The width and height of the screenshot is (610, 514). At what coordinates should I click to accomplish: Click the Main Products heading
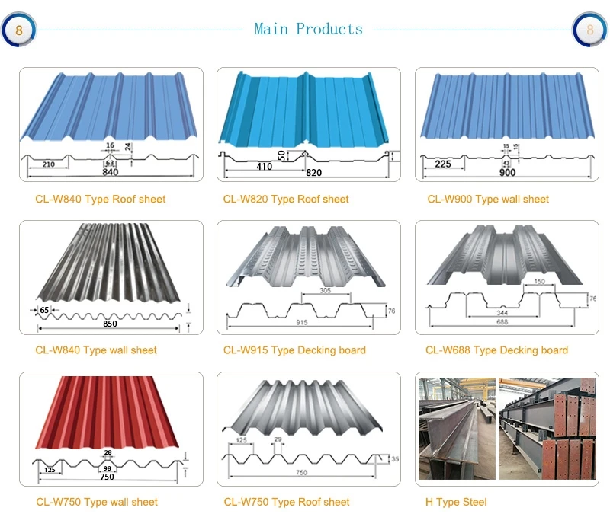pyautogui.click(x=308, y=29)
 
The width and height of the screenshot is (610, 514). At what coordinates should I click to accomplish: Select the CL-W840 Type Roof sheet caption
pyautogui.click(x=100, y=200)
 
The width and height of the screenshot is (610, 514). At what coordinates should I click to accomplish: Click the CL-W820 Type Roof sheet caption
pyautogui.click(x=286, y=200)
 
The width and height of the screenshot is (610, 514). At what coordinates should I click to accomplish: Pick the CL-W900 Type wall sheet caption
pyautogui.click(x=487, y=200)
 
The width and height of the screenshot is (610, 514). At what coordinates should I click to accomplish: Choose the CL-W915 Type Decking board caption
pyautogui.click(x=294, y=350)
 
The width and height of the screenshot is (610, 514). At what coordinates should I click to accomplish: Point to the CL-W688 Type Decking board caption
pyautogui.click(x=496, y=350)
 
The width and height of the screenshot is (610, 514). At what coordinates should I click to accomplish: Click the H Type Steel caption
pyautogui.click(x=456, y=502)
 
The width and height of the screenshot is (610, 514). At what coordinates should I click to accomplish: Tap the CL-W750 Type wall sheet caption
pyautogui.click(x=97, y=502)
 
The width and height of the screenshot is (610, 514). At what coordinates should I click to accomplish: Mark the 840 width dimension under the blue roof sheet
pyautogui.click(x=111, y=173)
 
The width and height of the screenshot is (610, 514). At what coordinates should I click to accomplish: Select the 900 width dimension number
pyautogui.click(x=507, y=173)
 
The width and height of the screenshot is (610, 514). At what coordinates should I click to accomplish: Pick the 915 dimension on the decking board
pyautogui.click(x=303, y=324)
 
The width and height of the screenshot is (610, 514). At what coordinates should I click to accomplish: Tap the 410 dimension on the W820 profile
pyautogui.click(x=264, y=165)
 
